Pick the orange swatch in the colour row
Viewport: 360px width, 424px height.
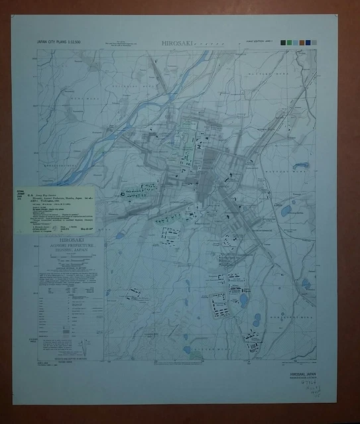(x=302, y=42)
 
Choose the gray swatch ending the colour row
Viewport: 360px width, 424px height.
(x=314, y=42)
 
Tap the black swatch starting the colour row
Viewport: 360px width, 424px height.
(x=282, y=42)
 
